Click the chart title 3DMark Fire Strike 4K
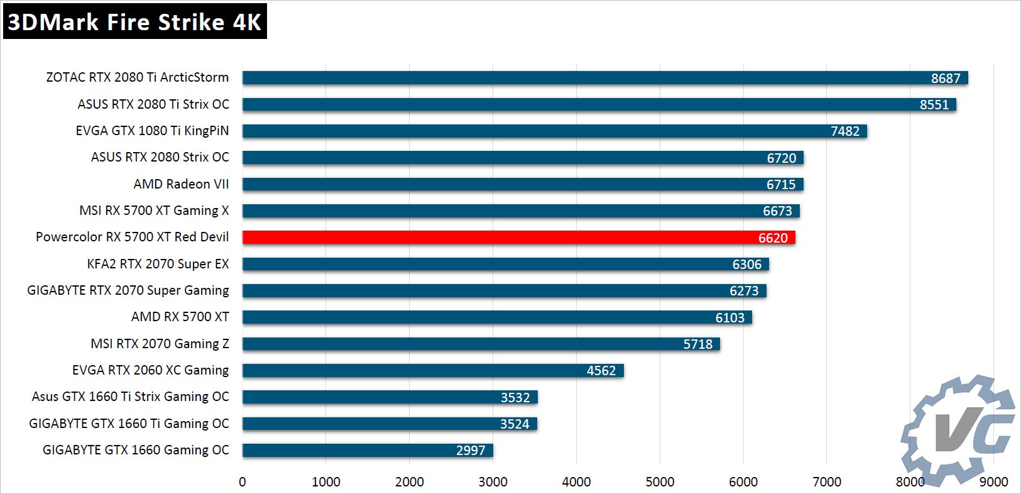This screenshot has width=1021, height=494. point(134,22)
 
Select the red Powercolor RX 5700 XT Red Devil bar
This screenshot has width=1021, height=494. point(518,238)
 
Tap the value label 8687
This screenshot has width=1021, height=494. point(945,78)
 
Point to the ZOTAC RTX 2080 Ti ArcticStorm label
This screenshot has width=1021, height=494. point(137,77)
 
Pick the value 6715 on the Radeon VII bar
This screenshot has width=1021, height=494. point(780,184)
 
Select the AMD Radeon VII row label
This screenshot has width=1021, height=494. point(181,184)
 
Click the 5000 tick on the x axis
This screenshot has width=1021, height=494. point(660,482)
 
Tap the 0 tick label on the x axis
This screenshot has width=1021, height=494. point(243,482)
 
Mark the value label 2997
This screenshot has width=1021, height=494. point(471,451)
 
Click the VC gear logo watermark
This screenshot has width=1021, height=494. point(958,431)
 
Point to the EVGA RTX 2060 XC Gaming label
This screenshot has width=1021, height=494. point(150,370)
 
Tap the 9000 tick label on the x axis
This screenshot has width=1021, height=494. point(993,482)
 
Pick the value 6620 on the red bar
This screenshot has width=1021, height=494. point(773,238)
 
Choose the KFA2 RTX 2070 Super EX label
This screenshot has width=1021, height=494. point(158,264)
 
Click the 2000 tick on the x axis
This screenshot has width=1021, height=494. point(410,482)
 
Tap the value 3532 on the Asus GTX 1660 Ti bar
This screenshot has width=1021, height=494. point(515,397)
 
